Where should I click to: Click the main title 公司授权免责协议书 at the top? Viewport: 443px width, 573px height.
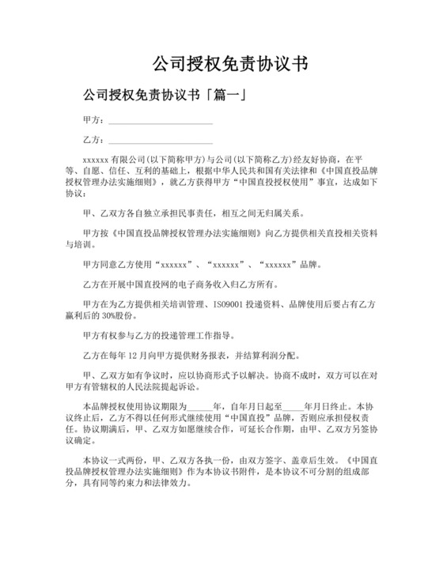point(221,62)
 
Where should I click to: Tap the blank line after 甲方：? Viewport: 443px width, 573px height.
point(161,121)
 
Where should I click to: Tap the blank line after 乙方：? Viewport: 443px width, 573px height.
point(161,140)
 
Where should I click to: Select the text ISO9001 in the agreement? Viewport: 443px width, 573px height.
point(229,304)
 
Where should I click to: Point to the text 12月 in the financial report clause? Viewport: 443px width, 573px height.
point(143,356)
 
